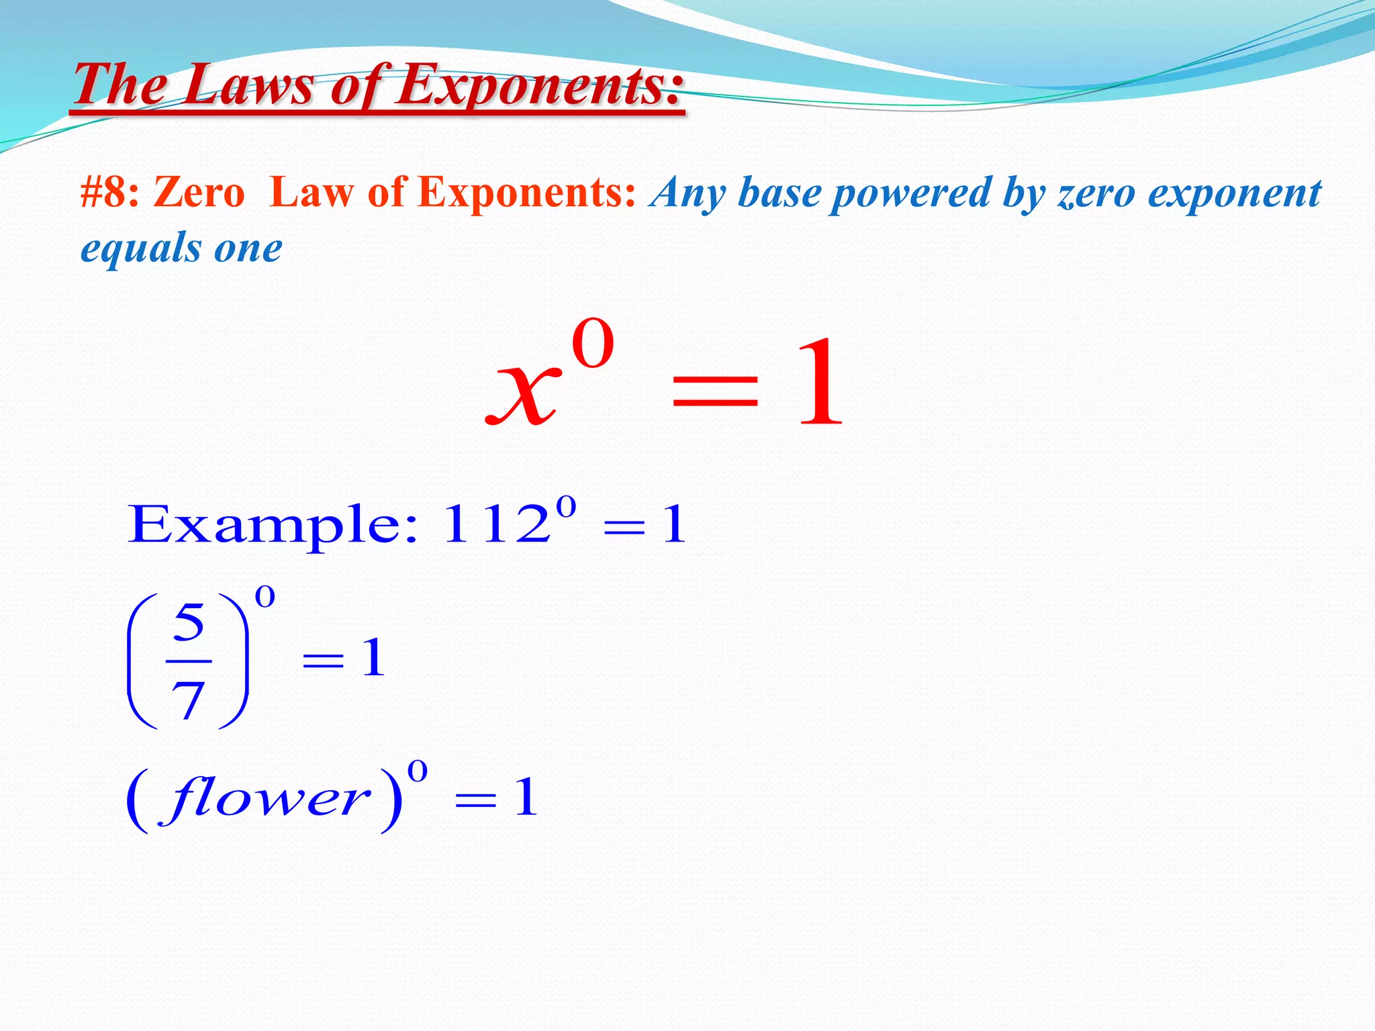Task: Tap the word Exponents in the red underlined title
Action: click(x=537, y=85)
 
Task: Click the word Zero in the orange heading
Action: click(x=199, y=193)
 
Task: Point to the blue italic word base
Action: click(x=779, y=193)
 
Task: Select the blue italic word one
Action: click(x=248, y=248)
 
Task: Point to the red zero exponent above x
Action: click(x=593, y=344)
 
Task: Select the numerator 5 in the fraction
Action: click(x=188, y=622)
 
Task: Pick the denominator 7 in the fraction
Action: click(x=188, y=700)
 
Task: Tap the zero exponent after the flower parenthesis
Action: click(x=417, y=772)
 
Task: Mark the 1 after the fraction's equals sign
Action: click(x=373, y=658)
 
